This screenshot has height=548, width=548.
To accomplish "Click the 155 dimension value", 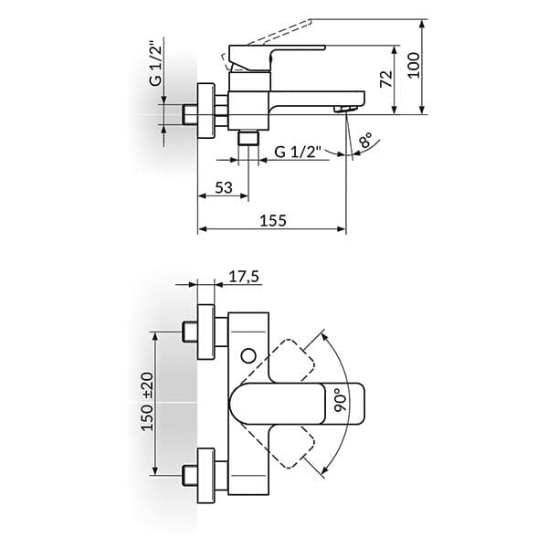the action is [x=273, y=220].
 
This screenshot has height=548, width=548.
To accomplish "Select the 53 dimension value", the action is [x=224, y=187].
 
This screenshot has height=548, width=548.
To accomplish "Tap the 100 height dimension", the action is [x=414, y=66].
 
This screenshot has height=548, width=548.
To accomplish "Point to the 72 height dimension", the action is [x=386, y=79].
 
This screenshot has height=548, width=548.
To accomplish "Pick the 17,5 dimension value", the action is [x=244, y=277].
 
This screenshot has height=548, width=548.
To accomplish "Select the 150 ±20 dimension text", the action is [x=147, y=402].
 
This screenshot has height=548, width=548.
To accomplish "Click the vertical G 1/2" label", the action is [x=155, y=64].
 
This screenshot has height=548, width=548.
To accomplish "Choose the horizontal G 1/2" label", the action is [x=298, y=152].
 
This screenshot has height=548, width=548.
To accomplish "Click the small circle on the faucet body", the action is [x=248, y=356].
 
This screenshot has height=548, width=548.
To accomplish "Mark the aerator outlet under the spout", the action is [x=345, y=109].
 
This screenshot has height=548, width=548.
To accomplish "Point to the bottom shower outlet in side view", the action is [x=248, y=137].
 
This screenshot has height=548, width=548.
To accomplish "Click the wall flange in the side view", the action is [x=206, y=111].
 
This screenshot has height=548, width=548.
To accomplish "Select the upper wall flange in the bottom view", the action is [x=205, y=332].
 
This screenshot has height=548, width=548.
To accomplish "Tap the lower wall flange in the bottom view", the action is [x=205, y=476].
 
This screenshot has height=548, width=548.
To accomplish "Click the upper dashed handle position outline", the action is [x=288, y=361].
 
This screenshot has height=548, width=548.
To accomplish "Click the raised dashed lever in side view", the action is [x=267, y=45].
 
